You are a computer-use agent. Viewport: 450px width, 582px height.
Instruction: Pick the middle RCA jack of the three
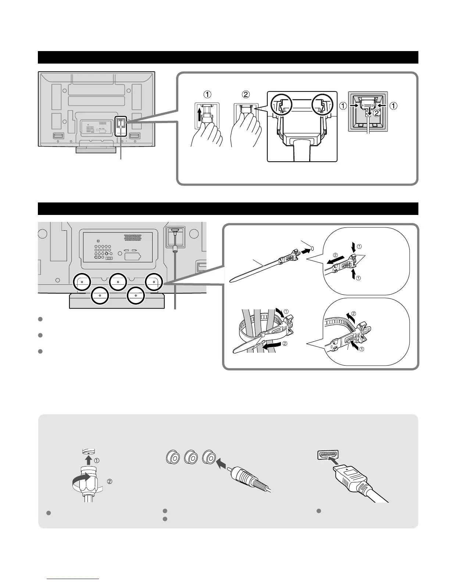click(x=191, y=458)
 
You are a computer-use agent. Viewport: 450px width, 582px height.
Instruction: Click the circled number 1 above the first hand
click(x=208, y=94)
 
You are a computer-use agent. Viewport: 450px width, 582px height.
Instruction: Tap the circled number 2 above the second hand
click(x=246, y=94)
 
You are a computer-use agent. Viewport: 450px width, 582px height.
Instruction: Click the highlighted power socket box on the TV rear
click(x=121, y=126)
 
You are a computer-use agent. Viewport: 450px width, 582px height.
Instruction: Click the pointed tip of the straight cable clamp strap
click(x=232, y=281)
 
